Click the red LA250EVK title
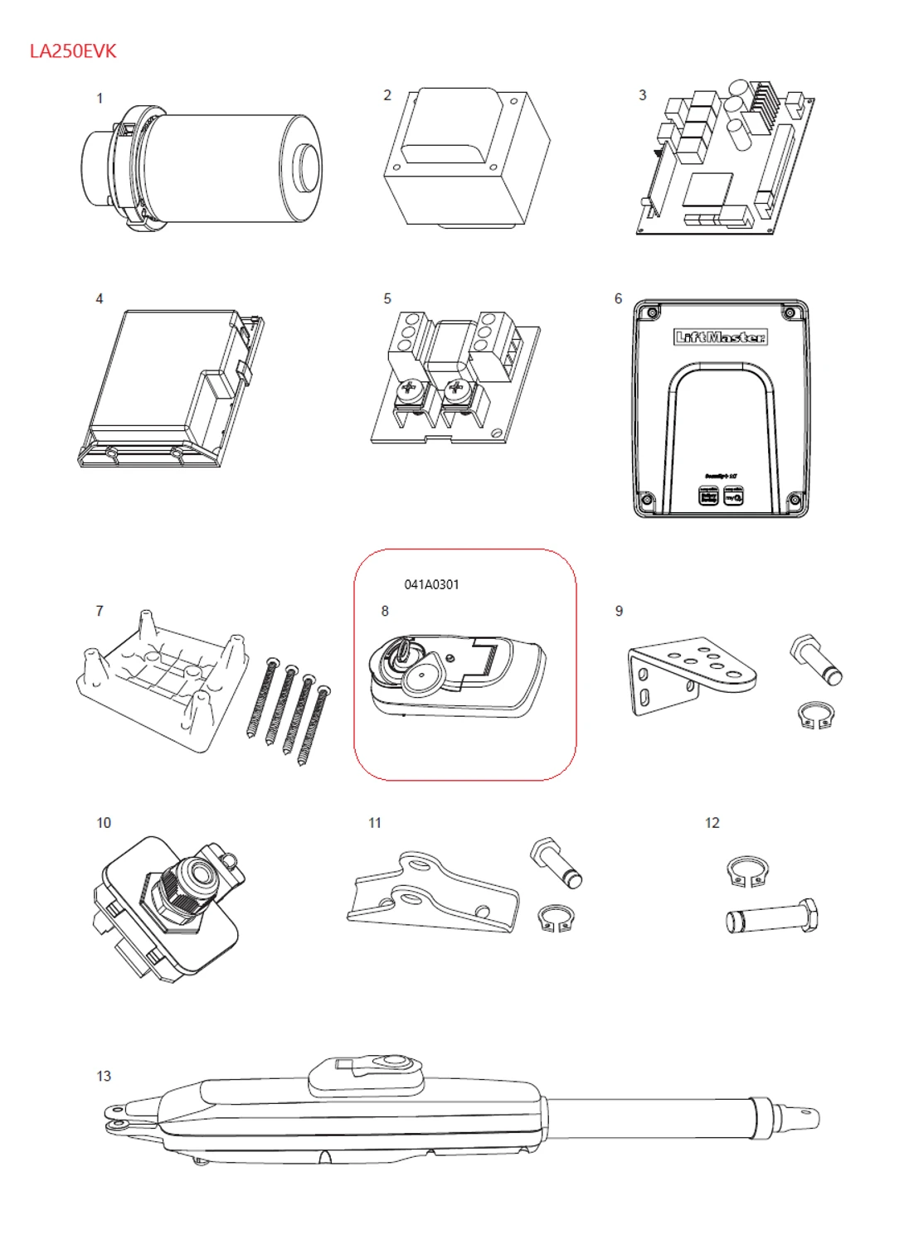pyautogui.click(x=73, y=51)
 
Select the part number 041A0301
pyautogui.click(x=431, y=584)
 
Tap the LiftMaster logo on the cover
pyautogui.click(x=719, y=336)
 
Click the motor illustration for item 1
pyautogui.click(x=203, y=168)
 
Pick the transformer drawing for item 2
pyautogui.click(x=466, y=157)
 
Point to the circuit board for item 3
pyautogui.click(x=724, y=159)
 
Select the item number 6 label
pyautogui.click(x=618, y=298)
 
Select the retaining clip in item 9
pyautogui.click(x=815, y=715)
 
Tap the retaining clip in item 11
pyautogui.click(x=553, y=918)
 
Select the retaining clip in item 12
pyautogui.click(x=747, y=871)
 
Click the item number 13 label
pyautogui.click(x=104, y=1076)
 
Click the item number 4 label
pyautogui.click(x=100, y=298)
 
